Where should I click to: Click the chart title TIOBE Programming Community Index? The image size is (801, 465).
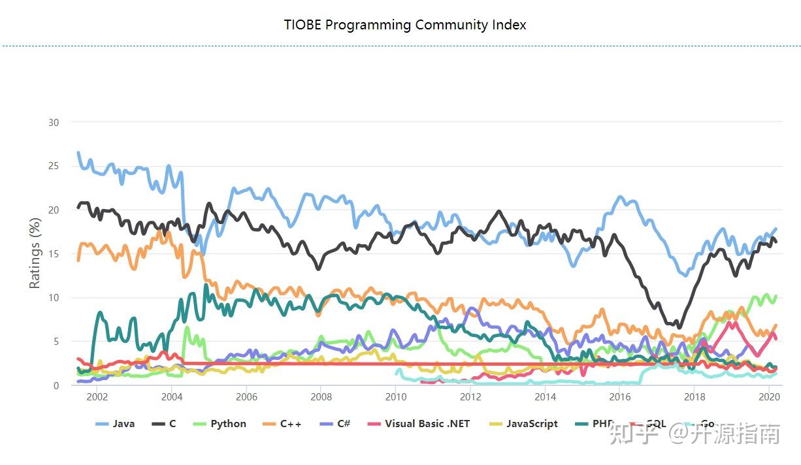click(404, 25)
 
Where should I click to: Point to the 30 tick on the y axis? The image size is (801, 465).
click(53, 122)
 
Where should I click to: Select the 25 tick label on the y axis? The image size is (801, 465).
click(53, 166)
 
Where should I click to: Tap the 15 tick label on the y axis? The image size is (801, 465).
click(53, 253)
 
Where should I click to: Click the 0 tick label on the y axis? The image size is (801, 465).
click(56, 385)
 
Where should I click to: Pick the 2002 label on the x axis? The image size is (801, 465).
click(97, 397)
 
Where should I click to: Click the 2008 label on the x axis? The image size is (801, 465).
click(321, 397)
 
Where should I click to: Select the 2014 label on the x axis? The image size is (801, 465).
click(545, 397)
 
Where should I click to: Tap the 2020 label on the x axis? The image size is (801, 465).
click(769, 397)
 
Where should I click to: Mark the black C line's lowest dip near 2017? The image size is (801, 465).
click(679, 327)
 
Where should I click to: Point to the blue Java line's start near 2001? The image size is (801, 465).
click(78, 153)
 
